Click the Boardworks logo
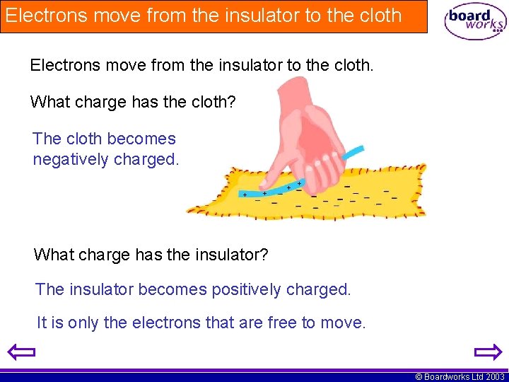[475, 21]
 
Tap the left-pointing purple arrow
[21, 352]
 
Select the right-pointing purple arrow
[487, 352]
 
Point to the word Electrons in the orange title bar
[45, 16]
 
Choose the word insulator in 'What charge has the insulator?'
[231, 254]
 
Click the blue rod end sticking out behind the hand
[353, 152]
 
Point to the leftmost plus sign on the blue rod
[245, 194]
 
